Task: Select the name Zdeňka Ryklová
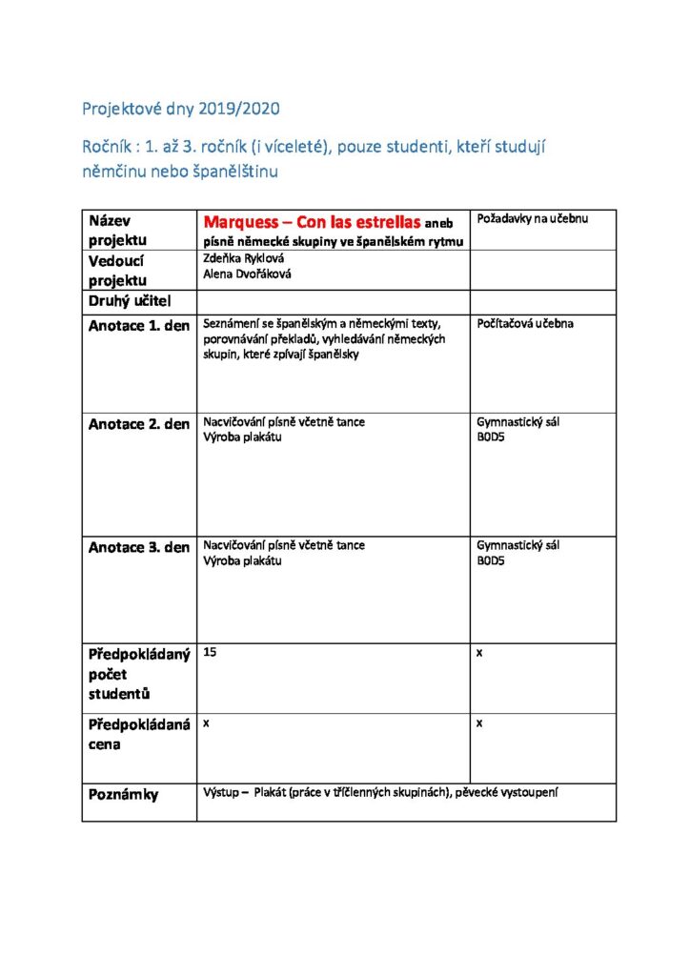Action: coord(244,258)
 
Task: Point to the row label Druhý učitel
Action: coord(131,303)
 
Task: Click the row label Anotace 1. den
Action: coord(138,324)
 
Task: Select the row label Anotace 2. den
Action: coord(138,424)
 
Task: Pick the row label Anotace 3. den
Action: coord(138,547)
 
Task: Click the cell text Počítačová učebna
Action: coord(525,324)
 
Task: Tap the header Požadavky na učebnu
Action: coord(532,219)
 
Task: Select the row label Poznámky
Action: coord(124,794)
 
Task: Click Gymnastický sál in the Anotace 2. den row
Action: coord(517,422)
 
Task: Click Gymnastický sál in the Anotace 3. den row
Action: coord(517,545)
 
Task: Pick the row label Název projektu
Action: coord(118,230)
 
